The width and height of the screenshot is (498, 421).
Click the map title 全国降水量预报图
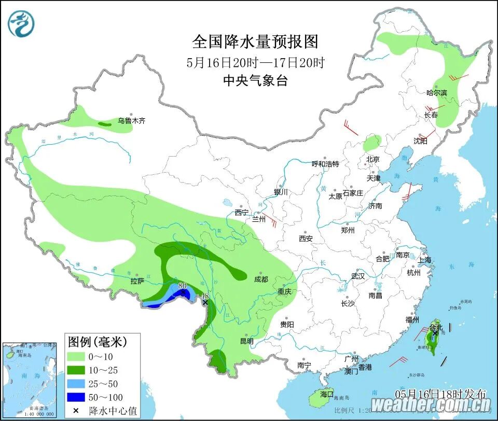click(x=255, y=41)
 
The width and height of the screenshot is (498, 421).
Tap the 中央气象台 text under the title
click(x=255, y=81)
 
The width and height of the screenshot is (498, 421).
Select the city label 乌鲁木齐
click(x=131, y=121)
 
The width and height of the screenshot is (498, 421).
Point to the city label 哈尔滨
click(x=436, y=93)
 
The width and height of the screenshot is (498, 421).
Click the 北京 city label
click(x=372, y=159)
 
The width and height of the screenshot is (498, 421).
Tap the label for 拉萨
click(x=137, y=282)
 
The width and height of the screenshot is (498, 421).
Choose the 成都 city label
click(x=261, y=279)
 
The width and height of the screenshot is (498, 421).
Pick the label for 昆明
click(x=246, y=341)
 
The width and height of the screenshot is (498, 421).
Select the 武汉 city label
click(x=358, y=276)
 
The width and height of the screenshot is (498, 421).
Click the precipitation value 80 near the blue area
click(x=182, y=286)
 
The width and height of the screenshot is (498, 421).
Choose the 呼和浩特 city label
click(x=325, y=164)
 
